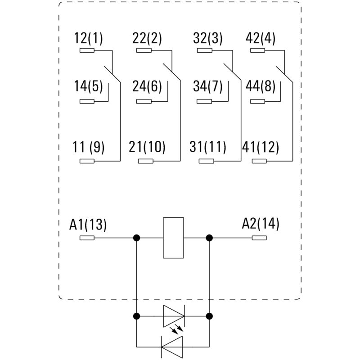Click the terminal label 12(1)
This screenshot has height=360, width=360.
coord(89,39)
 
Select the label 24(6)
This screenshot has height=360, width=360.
coord(147,86)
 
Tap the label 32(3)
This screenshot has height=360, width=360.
coord(208,39)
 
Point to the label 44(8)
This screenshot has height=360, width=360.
coord(261,86)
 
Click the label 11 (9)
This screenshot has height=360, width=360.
coord(89,147)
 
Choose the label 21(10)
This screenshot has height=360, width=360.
coord(147,147)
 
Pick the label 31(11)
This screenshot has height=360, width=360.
coord(208,147)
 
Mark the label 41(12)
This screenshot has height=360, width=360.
coord(261,147)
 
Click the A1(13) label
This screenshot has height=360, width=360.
coord(88,224)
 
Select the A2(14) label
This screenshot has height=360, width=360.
coord(261,224)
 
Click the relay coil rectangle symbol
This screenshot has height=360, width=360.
coord(173,238)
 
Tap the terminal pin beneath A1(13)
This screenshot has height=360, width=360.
coord(87,238)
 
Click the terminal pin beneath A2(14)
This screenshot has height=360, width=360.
coord(260,238)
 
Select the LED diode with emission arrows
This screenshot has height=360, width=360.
coord(173,316)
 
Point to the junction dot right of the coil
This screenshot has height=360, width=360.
coord(209,238)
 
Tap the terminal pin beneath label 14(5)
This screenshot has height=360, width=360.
coord(87,101)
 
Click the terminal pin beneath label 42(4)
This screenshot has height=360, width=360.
coord(258,51)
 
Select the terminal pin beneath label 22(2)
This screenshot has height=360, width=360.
coord(144,51)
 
